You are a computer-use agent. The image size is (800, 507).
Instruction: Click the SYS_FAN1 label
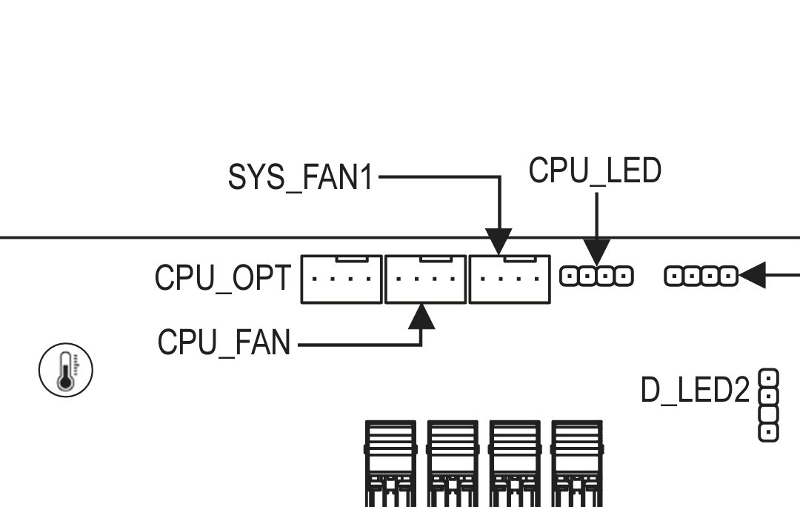(301, 178)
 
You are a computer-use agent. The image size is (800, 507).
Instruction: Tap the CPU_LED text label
(595, 171)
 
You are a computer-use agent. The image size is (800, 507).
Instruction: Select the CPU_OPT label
(223, 279)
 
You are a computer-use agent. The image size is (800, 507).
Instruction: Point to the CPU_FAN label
(224, 343)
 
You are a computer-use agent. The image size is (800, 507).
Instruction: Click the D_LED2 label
(695, 391)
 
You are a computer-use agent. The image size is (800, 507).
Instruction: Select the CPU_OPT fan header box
(341, 279)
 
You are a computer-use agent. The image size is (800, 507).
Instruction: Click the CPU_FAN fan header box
(425, 279)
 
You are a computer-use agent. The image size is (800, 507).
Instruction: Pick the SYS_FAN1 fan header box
(510, 279)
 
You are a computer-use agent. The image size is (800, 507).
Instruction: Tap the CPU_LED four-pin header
(597, 276)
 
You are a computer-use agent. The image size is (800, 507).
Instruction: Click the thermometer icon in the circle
(66, 369)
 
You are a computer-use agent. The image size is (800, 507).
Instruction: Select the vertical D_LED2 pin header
(769, 405)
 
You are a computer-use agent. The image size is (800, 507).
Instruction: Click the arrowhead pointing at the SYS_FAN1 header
(500, 243)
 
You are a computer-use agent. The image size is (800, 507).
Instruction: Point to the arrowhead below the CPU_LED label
(597, 250)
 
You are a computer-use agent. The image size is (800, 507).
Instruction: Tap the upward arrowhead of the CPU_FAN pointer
(421, 316)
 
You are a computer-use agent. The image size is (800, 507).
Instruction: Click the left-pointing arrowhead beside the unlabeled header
(751, 276)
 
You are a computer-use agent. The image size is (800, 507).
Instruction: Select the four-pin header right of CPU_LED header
(701, 276)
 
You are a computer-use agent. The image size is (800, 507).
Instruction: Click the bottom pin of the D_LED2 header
(769, 431)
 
